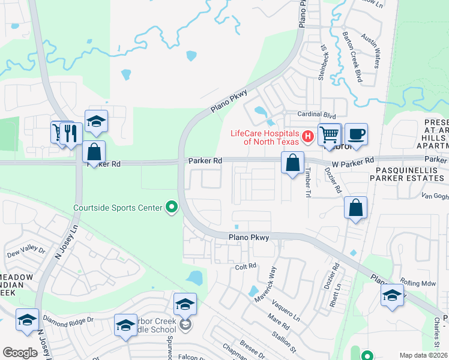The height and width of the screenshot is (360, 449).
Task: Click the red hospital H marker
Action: point(307,137)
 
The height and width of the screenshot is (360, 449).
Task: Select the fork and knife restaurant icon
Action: point(71,133)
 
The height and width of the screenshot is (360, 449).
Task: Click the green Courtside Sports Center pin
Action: point(172,208)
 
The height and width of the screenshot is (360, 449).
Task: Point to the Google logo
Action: point(20,353)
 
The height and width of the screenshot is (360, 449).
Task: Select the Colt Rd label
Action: point(246,266)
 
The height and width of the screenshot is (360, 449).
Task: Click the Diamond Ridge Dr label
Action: point(68,321)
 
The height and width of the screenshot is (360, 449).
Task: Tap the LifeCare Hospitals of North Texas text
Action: point(267,137)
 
